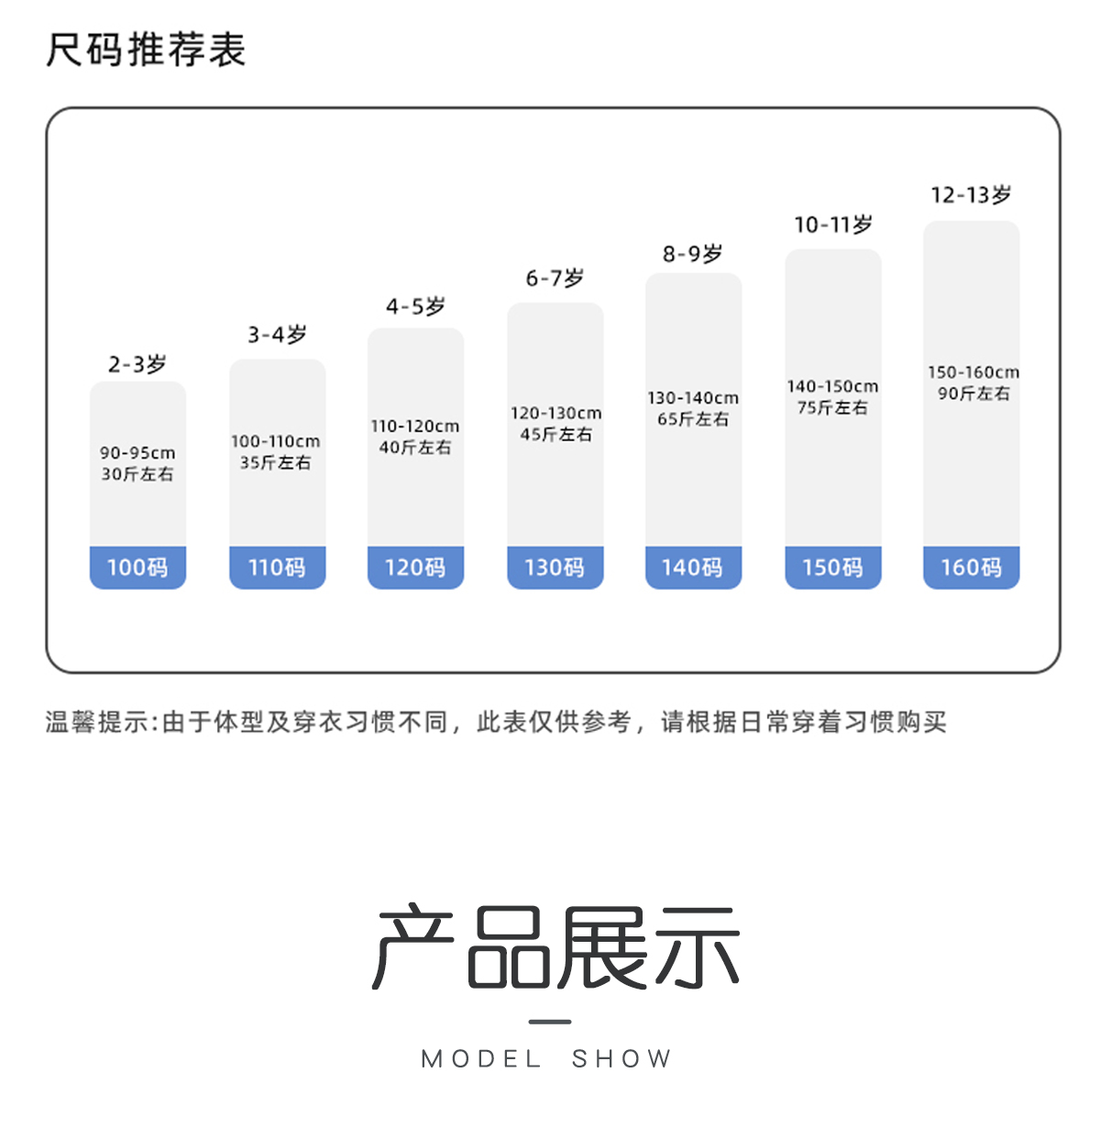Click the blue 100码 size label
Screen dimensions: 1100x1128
click(x=137, y=568)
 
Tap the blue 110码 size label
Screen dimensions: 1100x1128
click(x=277, y=568)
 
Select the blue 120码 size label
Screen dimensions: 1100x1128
click(x=415, y=568)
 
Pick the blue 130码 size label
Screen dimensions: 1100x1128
click(x=555, y=568)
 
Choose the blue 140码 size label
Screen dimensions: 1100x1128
click(x=693, y=568)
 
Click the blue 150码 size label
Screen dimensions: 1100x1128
click(x=832, y=568)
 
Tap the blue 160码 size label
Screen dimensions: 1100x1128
click(x=971, y=568)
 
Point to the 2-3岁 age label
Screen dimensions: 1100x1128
click(x=137, y=364)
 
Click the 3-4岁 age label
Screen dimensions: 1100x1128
click(x=277, y=335)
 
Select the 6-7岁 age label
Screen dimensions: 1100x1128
click(x=555, y=278)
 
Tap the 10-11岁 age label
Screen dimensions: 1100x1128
click(x=832, y=225)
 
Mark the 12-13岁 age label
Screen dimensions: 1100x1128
click(x=971, y=195)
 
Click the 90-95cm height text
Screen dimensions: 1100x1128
click(x=137, y=453)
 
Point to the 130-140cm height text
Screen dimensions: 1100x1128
click(x=693, y=398)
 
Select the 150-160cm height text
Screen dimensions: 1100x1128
click(x=973, y=372)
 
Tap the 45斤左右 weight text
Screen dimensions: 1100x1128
click(x=555, y=435)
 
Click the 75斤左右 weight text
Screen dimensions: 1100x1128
click(x=832, y=408)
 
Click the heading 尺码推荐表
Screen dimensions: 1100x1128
click(x=146, y=50)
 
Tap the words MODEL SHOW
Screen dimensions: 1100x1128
click(x=547, y=1059)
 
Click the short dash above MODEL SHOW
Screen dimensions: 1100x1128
click(x=550, y=1022)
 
